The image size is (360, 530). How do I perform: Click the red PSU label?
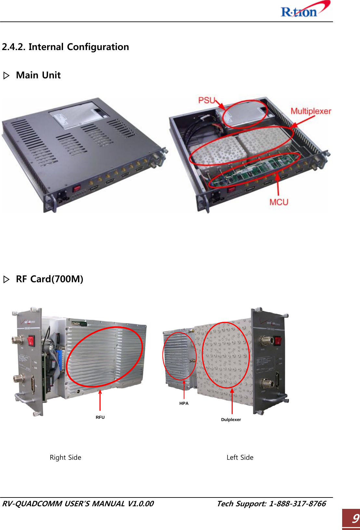207,100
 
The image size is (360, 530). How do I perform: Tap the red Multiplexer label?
311,111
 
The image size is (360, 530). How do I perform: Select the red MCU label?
279,202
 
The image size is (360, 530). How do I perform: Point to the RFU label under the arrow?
100,417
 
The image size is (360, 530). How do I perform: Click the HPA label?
184,404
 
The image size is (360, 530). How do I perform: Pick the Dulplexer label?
231,420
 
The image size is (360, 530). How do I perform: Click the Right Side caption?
65,457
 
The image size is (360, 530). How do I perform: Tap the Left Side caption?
240,457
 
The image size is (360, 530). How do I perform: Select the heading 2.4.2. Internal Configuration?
65,47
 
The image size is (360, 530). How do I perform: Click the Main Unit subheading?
38,75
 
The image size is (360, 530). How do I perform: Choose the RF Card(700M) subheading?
49,279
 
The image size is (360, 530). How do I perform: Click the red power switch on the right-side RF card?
31,341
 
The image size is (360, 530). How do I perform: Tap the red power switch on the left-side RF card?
278,341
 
